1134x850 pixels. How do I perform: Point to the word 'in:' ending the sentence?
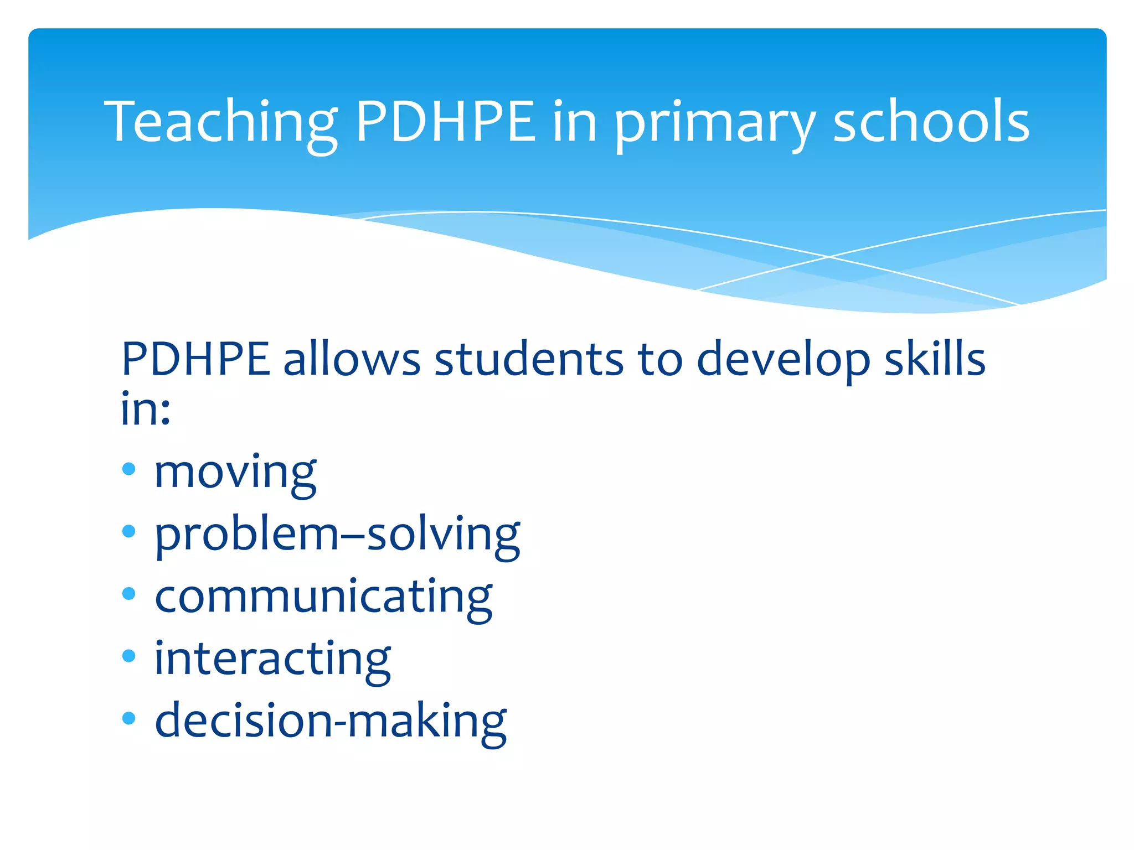145,408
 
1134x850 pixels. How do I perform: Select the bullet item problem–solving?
337,535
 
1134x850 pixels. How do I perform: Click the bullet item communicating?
323,597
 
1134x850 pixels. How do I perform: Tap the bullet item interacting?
272,659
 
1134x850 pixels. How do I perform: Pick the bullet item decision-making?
331,721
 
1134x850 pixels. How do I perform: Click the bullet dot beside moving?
128,469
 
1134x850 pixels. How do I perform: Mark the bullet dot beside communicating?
128,594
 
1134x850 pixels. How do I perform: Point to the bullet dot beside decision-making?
128,718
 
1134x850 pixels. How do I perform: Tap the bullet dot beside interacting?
128,656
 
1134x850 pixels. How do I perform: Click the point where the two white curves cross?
829,257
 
